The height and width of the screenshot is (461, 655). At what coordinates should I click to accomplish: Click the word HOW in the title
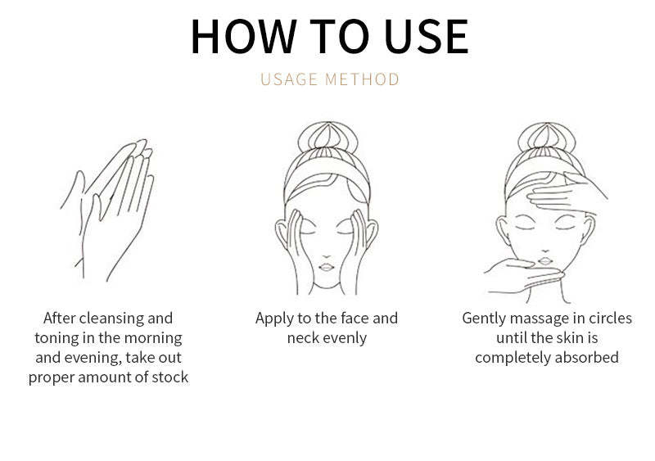pyautogui.click(x=243, y=36)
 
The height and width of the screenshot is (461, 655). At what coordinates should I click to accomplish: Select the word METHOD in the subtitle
pyautogui.click(x=363, y=79)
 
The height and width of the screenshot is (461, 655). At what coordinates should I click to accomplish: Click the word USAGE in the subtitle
pyautogui.click(x=289, y=79)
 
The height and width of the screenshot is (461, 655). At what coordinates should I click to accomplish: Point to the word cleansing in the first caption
pyautogui.click(x=106, y=319)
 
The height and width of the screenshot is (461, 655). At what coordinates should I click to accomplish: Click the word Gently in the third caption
pyautogui.click(x=484, y=319)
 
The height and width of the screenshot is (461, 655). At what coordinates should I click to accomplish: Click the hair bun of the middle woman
pyautogui.click(x=328, y=138)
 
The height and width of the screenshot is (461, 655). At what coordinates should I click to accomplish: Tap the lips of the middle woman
pyautogui.click(x=327, y=267)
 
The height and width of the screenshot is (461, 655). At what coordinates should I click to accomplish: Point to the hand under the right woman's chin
pyautogui.click(x=524, y=275)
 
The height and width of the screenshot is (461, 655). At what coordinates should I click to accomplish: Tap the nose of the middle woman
pyautogui.click(x=327, y=255)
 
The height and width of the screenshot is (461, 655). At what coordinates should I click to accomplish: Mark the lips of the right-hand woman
pyautogui.click(x=545, y=261)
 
